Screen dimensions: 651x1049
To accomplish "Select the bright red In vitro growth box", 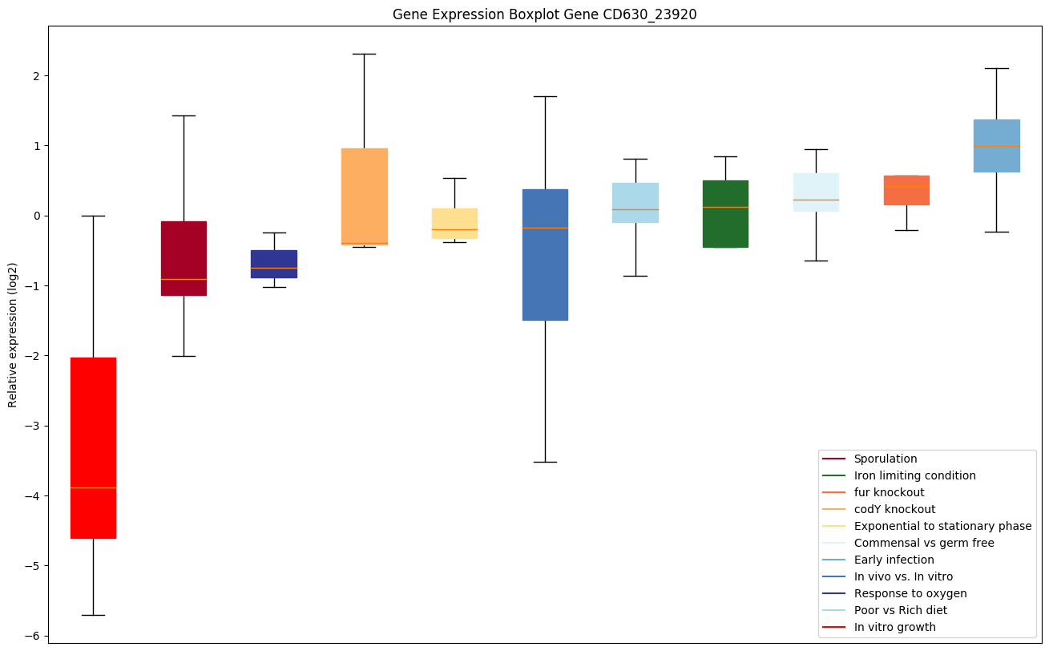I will tap(93, 447).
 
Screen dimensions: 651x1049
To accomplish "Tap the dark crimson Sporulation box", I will tap(184, 258).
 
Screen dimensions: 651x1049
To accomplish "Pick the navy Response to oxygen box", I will tap(274, 264).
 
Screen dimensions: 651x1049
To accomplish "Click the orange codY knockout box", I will tap(364, 196).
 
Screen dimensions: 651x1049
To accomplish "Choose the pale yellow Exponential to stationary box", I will tap(454, 223).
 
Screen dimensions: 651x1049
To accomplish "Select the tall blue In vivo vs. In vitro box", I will tap(545, 255).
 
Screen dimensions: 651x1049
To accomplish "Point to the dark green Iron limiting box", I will tap(725, 214).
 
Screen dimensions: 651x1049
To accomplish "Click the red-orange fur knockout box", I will tap(906, 190).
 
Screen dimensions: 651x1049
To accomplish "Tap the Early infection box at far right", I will tap(996, 146).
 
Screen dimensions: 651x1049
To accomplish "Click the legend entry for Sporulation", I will tap(885, 459).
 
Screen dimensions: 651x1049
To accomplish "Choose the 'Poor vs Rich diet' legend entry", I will tap(900, 610).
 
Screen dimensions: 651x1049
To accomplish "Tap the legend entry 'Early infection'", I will tap(894, 560).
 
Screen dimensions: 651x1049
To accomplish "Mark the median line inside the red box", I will tap(93, 487).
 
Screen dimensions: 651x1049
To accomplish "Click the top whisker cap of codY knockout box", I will tap(364, 54).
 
